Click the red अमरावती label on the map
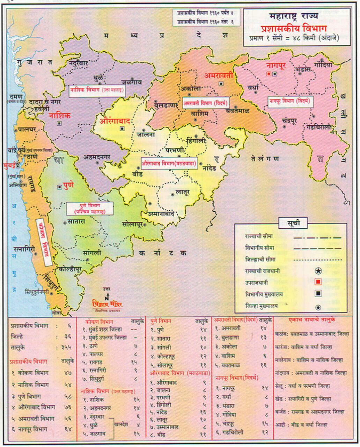(219, 75)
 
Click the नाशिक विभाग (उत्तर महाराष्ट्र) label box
(97, 90)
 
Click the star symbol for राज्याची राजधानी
(318, 271)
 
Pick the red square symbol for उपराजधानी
(318, 282)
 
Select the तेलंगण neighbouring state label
(265, 159)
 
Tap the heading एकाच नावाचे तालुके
(312, 320)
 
